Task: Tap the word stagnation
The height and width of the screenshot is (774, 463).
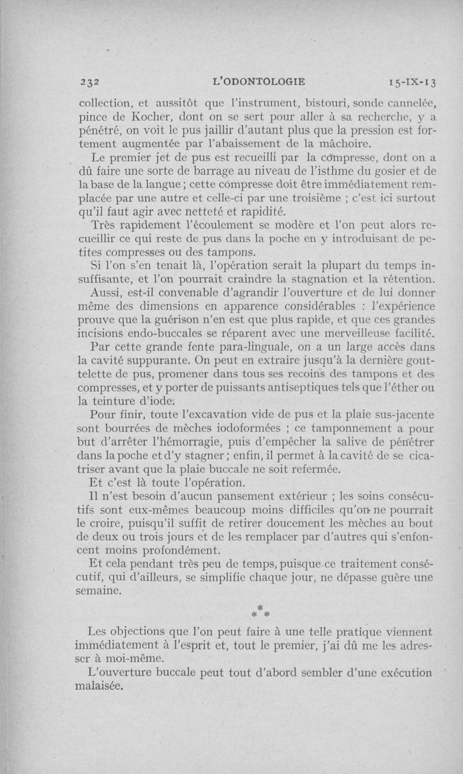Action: click(x=326, y=278)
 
